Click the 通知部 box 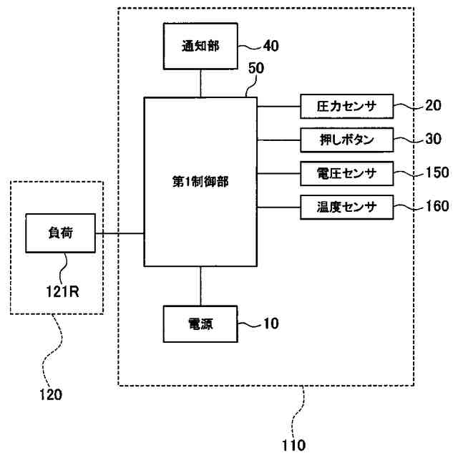pos(200,47)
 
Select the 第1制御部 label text pos(200,182)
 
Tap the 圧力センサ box pos(346,107)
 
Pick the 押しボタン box pos(346,140)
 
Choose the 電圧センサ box pos(346,172)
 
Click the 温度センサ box pos(346,207)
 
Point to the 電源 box pos(200,325)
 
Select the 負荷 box pos(61,233)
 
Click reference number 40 pos(271,47)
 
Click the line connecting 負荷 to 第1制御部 pos(120,233)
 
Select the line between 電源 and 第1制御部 pos(200,286)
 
